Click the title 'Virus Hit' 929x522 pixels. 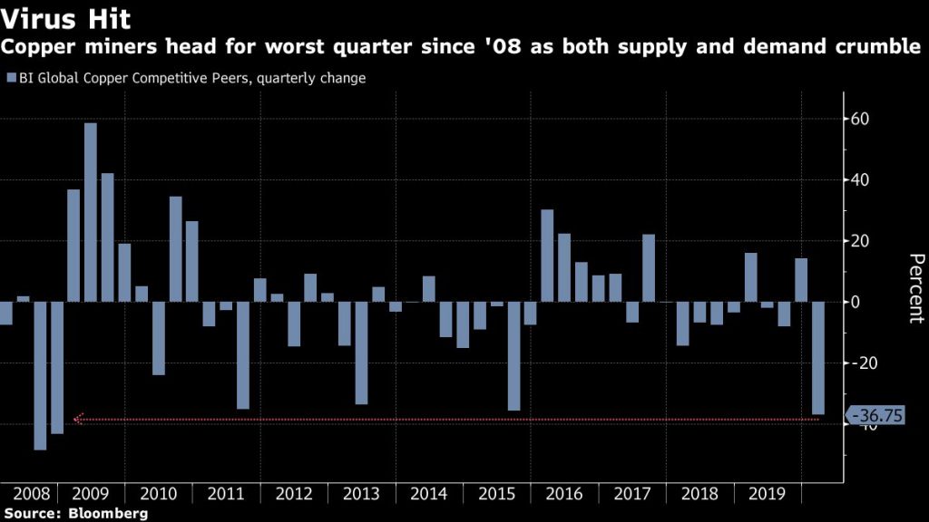tap(65, 18)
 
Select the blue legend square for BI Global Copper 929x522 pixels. tap(10, 79)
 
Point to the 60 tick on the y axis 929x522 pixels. tap(861, 119)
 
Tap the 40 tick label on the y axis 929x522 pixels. tap(861, 180)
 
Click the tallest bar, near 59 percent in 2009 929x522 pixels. tap(91, 212)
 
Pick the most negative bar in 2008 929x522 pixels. tap(40, 375)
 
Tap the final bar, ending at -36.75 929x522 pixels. tap(818, 358)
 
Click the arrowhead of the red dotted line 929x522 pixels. tap(78, 420)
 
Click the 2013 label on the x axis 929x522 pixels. tap(361, 495)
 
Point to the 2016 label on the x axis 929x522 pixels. tap(564, 495)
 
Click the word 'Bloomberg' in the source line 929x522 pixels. tap(111, 514)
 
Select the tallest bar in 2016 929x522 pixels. tap(547, 256)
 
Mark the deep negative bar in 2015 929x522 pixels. tap(513, 356)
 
